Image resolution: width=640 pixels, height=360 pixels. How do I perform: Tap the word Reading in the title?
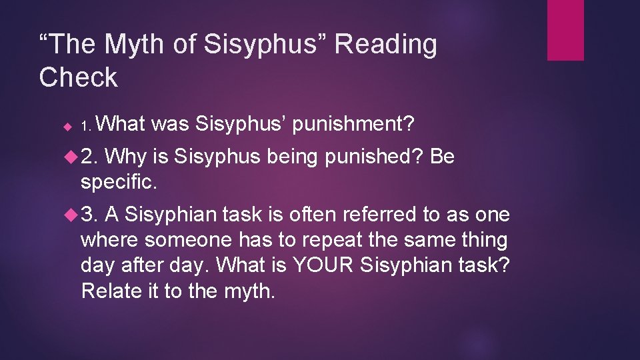click(x=386, y=45)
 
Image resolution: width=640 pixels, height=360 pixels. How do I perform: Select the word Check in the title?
click(x=78, y=77)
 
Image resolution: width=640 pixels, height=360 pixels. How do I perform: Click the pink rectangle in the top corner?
click(x=565, y=30)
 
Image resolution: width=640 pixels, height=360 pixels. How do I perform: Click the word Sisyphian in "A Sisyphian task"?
click(x=170, y=215)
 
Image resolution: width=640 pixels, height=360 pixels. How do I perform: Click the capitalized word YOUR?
click(x=321, y=265)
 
